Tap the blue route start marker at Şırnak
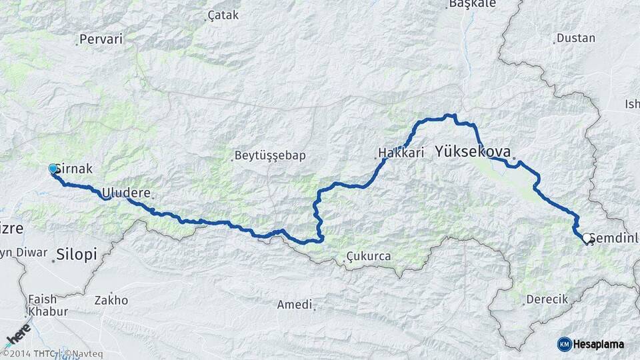click(53, 169)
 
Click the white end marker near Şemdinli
click(586, 238)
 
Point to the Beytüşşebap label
click(269, 156)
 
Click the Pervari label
click(101, 39)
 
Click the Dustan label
click(575, 38)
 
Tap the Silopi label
click(77, 254)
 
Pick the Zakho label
click(111, 300)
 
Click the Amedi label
click(295, 305)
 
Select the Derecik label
click(547, 299)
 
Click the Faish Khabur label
click(46, 305)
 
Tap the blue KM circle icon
click(564, 344)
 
